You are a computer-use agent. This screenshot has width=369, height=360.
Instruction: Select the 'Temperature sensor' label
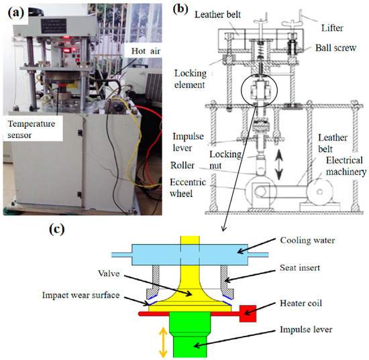(34, 129)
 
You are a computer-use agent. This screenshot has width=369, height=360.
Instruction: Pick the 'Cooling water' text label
(307, 239)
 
